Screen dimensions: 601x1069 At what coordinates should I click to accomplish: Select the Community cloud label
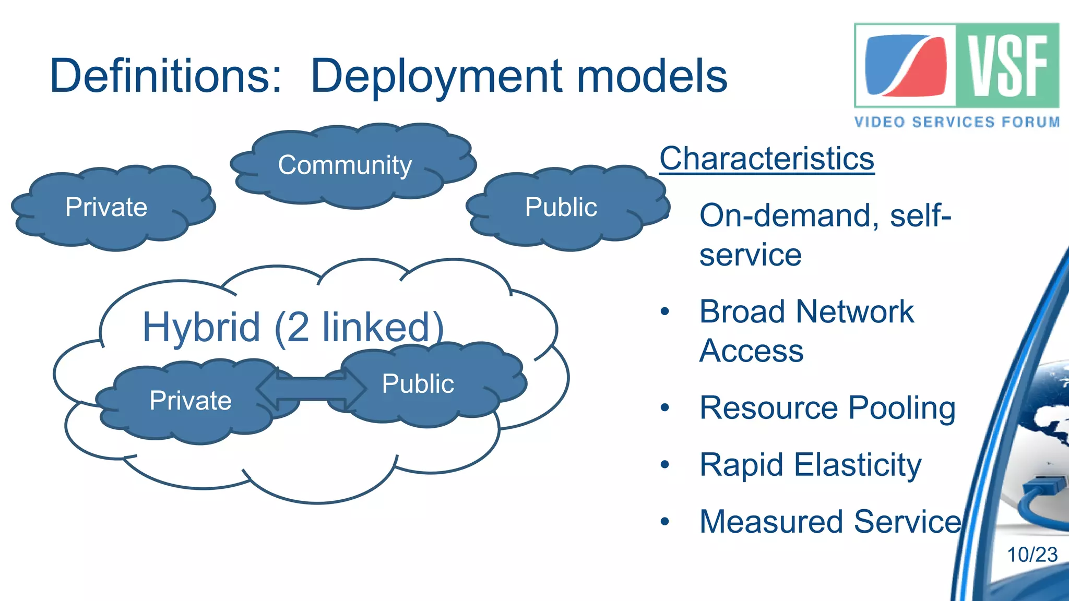click(345, 165)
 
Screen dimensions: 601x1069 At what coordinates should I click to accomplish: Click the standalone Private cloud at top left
click(107, 207)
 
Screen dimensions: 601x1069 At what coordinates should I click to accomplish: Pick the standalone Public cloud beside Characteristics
click(561, 207)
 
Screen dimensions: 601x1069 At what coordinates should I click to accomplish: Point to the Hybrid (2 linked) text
click(292, 328)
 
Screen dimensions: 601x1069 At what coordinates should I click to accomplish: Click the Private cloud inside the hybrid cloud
click(191, 401)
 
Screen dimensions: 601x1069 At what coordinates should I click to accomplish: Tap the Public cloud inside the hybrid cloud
click(418, 384)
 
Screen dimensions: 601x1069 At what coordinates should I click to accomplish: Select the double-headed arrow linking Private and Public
click(311, 389)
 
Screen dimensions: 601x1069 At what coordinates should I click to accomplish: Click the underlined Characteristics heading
click(767, 159)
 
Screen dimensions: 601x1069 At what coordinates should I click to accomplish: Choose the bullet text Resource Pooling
click(827, 408)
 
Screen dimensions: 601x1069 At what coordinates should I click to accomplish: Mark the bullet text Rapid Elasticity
click(810, 465)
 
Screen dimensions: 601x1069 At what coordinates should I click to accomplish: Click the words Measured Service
click(830, 522)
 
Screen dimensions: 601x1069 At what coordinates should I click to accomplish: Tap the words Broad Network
click(806, 312)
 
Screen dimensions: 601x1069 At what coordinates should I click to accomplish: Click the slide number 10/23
click(1032, 555)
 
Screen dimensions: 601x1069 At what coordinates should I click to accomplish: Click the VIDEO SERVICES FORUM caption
click(957, 122)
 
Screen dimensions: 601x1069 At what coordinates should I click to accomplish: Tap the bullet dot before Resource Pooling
click(664, 407)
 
